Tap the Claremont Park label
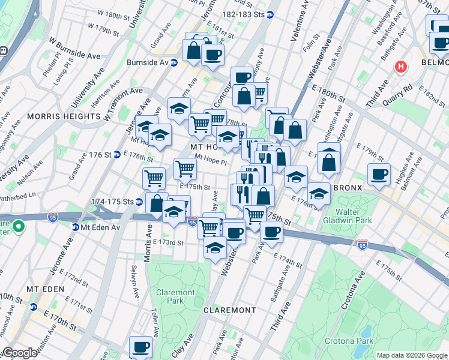175,296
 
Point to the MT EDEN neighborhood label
41,289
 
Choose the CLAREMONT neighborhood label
230,310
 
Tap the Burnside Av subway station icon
174,62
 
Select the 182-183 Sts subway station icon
270,14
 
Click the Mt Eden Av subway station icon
76,227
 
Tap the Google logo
20,353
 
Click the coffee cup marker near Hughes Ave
379,174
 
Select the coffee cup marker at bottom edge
141,347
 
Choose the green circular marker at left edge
19,227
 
